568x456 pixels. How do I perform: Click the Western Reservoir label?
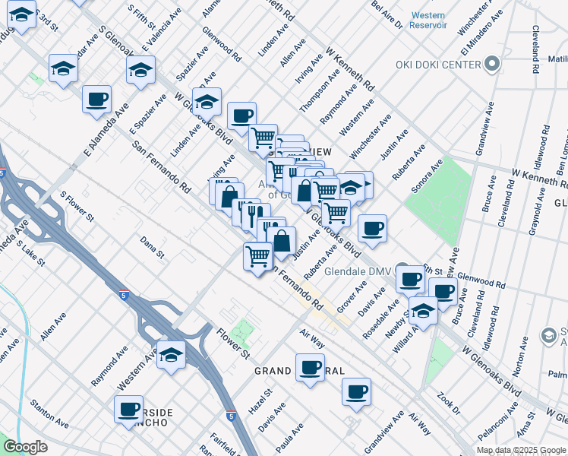[428, 21]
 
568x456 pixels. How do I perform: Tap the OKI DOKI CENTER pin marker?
[494, 64]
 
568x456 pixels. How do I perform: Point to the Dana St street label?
[152, 247]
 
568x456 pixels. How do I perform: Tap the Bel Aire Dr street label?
[387, 14]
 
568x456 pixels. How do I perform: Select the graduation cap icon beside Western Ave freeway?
[172, 354]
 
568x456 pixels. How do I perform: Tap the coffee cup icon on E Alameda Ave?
[97, 98]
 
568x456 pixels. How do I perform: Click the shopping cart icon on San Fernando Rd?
[258, 255]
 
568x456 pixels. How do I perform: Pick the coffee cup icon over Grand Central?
[310, 367]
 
